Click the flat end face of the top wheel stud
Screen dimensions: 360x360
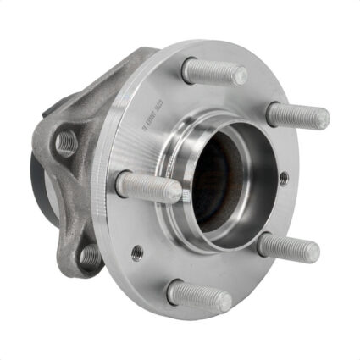coord(240,76)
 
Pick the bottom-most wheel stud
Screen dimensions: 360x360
coord(198,296)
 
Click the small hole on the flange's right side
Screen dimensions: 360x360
coord(282,178)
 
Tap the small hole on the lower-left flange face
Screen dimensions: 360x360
coord(136,252)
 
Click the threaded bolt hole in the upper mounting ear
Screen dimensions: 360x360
coord(65,144)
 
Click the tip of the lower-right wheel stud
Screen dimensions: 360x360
coord(313,252)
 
